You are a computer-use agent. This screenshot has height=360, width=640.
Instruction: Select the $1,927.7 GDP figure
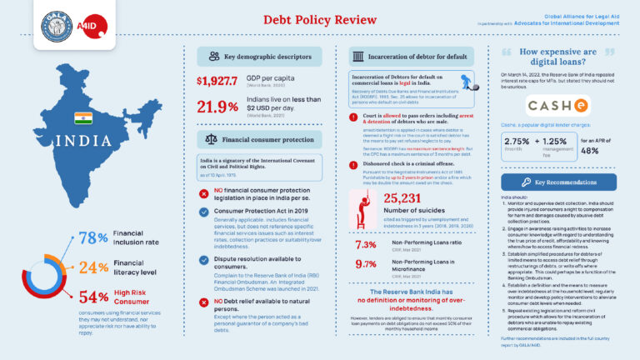pyautogui.click(x=217, y=81)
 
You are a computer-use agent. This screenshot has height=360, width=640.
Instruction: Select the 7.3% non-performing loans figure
pyautogui.click(x=366, y=245)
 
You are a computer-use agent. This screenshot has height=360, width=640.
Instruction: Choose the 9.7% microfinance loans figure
pyautogui.click(x=366, y=264)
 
